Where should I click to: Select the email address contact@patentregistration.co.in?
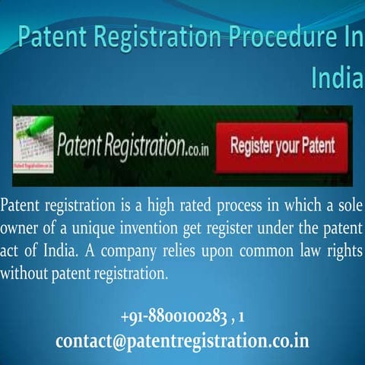182,340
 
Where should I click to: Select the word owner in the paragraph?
21,229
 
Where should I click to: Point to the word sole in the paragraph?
348,207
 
